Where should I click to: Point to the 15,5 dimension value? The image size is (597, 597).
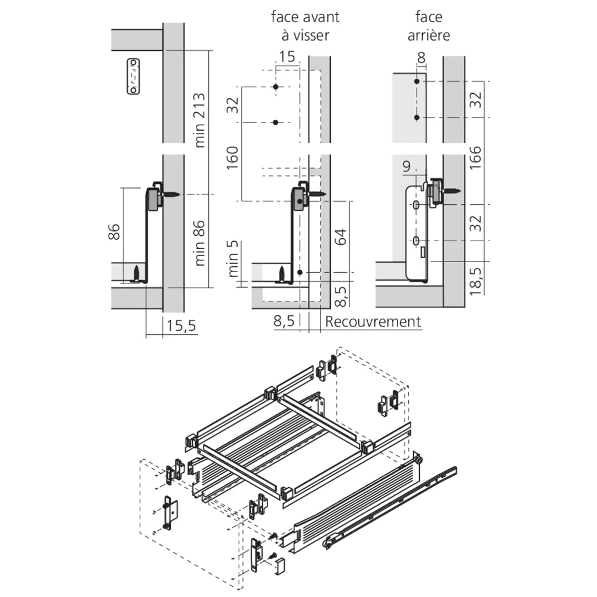pos(181,328)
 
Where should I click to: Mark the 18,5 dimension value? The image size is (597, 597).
pos(476,278)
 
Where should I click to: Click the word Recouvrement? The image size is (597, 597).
pos(373,322)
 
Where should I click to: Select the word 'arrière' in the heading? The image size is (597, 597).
pos(428,35)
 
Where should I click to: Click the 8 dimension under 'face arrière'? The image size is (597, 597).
pos(421,58)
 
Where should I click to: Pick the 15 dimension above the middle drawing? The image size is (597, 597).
pos(287,57)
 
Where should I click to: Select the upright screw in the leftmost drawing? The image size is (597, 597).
pos(139,273)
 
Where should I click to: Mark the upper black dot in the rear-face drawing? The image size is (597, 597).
pos(417,81)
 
